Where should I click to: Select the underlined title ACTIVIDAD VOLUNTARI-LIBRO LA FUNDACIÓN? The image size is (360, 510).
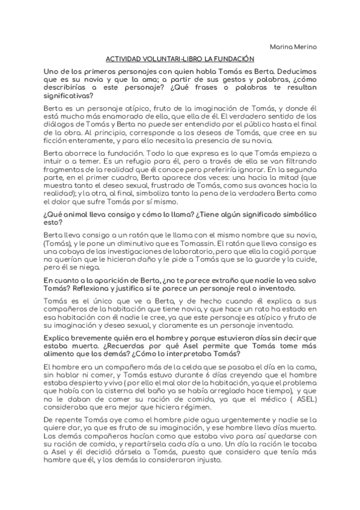pos(180,59)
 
